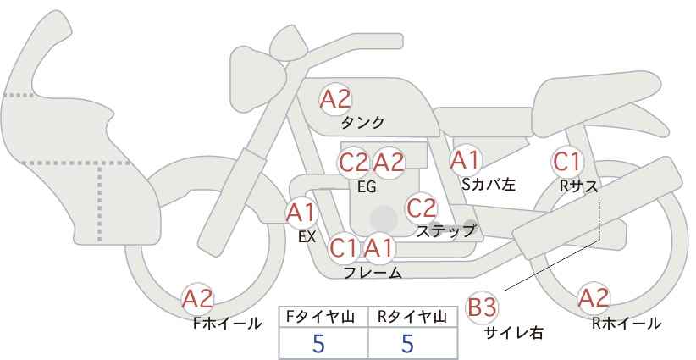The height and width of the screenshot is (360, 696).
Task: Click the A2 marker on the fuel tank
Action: (x=335, y=99)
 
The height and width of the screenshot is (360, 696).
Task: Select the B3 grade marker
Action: (x=482, y=307)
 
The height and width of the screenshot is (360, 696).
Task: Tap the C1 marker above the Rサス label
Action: (x=566, y=162)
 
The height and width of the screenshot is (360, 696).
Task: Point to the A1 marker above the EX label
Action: (x=301, y=213)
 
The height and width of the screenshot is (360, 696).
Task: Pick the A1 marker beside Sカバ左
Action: (x=465, y=160)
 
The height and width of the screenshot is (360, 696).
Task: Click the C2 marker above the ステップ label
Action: (x=422, y=208)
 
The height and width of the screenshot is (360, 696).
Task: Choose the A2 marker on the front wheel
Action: (x=198, y=299)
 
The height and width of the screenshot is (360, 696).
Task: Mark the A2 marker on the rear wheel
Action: (x=594, y=298)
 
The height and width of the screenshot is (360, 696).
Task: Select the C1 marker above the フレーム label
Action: (x=343, y=248)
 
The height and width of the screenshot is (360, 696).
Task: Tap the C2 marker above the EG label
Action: (x=354, y=163)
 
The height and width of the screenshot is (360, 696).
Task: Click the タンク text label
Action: (x=362, y=123)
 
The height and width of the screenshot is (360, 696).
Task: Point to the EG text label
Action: (x=367, y=187)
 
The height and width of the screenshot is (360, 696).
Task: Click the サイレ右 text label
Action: (x=514, y=333)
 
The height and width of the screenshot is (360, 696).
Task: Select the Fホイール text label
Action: (x=227, y=324)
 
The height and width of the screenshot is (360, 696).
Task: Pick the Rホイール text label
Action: (x=627, y=324)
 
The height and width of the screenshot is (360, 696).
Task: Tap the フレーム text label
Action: (x=373, y=273)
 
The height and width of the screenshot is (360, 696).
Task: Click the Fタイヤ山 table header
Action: (x=320, y=317)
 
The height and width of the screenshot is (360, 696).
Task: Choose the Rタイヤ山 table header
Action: (x=412, y=317)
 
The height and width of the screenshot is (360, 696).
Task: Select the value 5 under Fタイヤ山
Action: (x=318, y=343)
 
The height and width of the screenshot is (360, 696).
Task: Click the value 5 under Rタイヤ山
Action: (x=407, y=343)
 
